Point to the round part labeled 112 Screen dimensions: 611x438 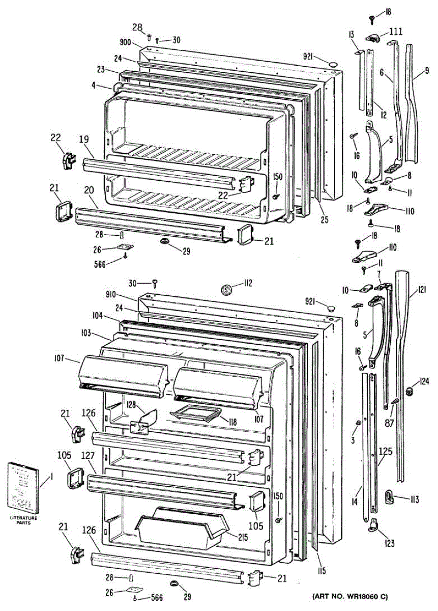click(x=227, y=290)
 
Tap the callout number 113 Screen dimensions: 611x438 click(x=413, y=499)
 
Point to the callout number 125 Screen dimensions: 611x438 click(x=385, y=451)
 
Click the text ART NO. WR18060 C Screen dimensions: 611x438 click(x=351, y=596)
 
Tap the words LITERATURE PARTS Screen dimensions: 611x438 click(x=23, y=520)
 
